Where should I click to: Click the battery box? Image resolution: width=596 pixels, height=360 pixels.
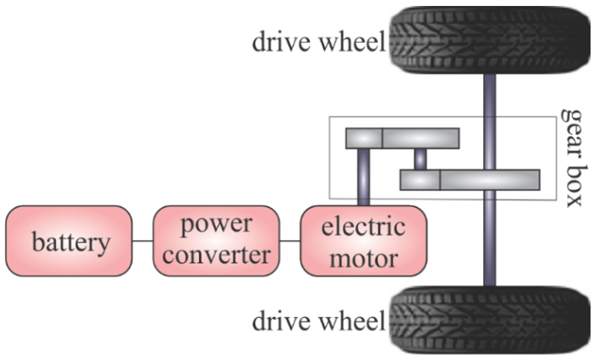pyautogui.click(x=69, y=241)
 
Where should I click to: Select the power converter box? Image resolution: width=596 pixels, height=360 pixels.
pyautogui.click(x=216, y=241)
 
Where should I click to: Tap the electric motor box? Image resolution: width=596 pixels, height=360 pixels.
pyautogui.click(x=363, y=241)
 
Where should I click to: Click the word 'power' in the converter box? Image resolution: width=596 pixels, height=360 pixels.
pyautogui.click(x=216, y=224)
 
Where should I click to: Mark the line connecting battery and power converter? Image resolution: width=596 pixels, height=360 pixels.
pyautogui.click(x=142, y=241)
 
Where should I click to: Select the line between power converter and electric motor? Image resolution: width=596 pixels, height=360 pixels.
pyautogui.click(x=290, y=241)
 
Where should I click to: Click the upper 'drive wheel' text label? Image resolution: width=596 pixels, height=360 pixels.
pyautogui.click(x=318, y=42)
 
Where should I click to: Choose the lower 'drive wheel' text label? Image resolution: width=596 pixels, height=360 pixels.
pyautogui.click(x=318, y=321)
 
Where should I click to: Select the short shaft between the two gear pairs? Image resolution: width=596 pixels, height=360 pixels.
pyautogui.click(x=420, y=159)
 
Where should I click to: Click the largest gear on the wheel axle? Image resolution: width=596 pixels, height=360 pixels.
pyautogui.click(x=490, y=180)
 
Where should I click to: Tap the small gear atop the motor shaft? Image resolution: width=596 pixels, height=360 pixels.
pyautogui.click(x=364, y=138)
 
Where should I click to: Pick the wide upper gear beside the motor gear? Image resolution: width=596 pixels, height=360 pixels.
pyautogui.click(x=421, y=138)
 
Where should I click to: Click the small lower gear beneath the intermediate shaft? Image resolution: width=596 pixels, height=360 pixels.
pyautogui.click(x=419, y=180)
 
